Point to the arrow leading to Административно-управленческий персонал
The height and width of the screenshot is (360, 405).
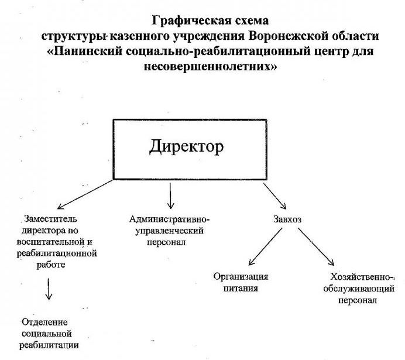(x=170, y=196)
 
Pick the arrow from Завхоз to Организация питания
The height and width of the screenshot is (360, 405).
(x=266, y=246)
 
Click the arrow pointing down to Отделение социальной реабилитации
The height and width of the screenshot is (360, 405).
(x=49, y=288)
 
